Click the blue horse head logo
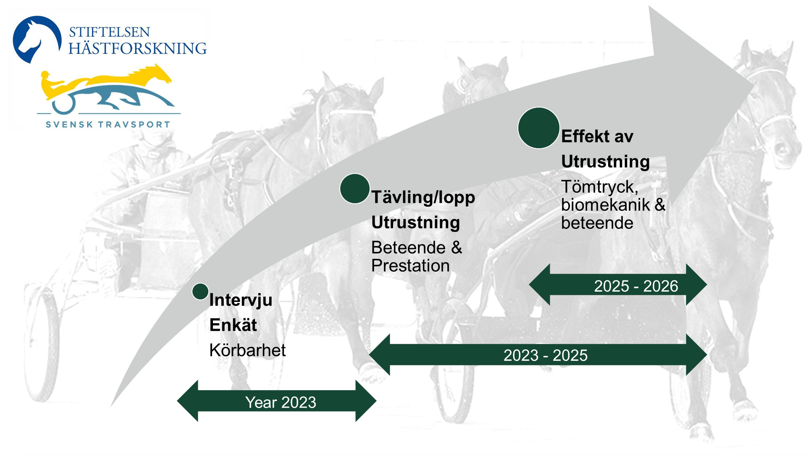coord(36,39)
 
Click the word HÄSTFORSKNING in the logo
coord(138,48)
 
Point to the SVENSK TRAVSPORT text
coord(108,124)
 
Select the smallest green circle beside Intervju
coord(200,291)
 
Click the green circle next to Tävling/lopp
coord(355,189)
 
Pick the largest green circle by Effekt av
coord(539,128)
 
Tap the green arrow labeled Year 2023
coord(277,401)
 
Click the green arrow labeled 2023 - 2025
coord(538,355)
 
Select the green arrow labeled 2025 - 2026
coord(618,285)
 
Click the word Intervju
coord(241,300)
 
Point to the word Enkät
coord(233,325)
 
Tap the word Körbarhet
coord(247,350)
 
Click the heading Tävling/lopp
coord(423,197)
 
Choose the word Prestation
coord(411,266)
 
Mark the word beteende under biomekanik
coord(597,223)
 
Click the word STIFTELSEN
coord(109,32)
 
